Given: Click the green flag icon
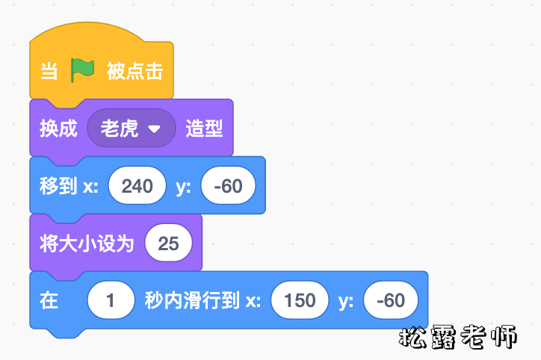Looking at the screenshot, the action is [x=83, y=71].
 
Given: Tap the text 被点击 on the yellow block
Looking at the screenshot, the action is [x=135, y=72].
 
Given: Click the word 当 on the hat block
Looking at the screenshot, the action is [x=49, y=72].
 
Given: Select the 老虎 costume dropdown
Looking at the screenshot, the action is [x=121, y=128].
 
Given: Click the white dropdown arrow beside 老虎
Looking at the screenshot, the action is [x=155, y=128].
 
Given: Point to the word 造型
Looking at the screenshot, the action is [x=204, y=128].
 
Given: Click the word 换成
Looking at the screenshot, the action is [x=58, y=128].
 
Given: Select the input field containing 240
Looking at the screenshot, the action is [x=137, y=186].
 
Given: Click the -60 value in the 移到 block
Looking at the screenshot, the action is [x=228, y=186].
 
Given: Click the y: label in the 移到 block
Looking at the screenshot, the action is [x=184, y=186].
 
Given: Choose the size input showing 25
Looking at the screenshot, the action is [x=169, y=243].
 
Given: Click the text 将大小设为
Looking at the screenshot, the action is [x=87, y=243].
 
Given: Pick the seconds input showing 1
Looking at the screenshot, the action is [x=111, y=301].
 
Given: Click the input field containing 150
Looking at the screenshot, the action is [x=300, y=301].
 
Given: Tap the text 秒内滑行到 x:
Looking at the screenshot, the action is [x=203, y=301].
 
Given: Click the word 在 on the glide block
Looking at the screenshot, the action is [x=49, y=301].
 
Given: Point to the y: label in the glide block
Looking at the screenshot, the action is [x=346, y=301].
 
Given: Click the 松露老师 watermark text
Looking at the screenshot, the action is [x=458, y=338].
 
